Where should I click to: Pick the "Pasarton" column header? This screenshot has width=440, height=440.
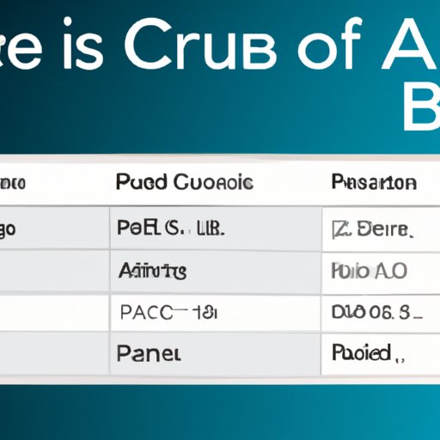click(373, 183)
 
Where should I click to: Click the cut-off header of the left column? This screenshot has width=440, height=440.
click(14, 183)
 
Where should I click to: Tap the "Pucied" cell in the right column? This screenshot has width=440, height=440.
click(362, 352)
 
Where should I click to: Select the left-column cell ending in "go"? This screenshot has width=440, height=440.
click(15, 229)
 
